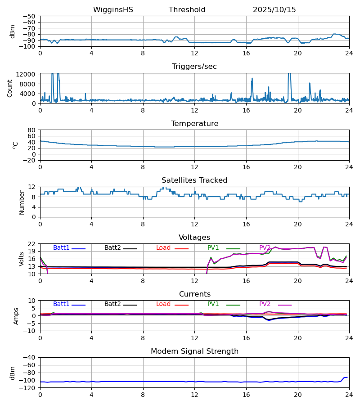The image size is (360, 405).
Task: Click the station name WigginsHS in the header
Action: (x=113, y=10)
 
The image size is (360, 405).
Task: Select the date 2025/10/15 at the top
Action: (x=274, y=10)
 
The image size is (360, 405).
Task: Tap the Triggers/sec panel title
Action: (x=194, y=67)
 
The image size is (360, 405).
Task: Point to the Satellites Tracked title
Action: (x=194, y=180)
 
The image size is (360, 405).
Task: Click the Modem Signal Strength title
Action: (x=194, y=351)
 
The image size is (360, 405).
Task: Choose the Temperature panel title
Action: (x=194, y=124)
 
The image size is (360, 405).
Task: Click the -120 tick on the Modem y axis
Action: (x=28, y=388)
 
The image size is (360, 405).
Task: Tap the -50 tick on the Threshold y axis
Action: (x=30, y=16)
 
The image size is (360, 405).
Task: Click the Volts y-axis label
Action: (x=22, y=259)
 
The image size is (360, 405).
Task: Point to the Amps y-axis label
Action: (x=17, y=316)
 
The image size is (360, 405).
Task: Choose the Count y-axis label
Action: (x=10, y=88)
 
